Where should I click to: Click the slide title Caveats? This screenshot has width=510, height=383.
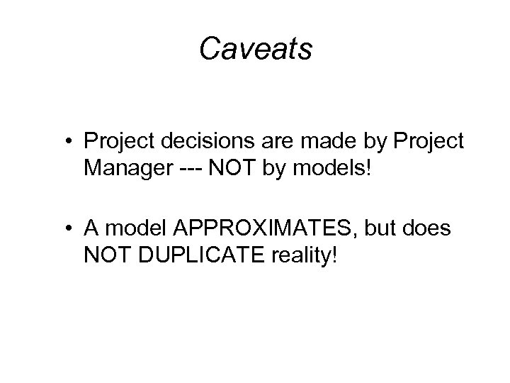[255, 49]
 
